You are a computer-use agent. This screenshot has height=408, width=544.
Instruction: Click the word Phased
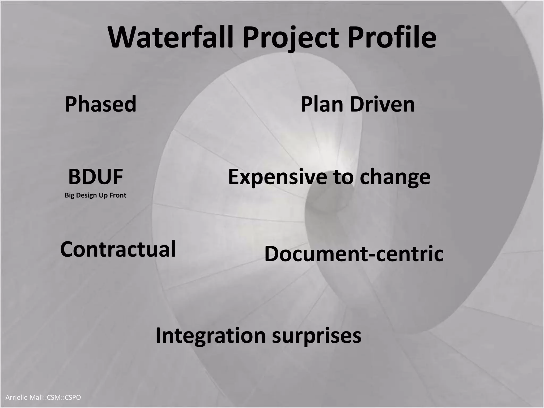pyautogui.click(x=100, y=104)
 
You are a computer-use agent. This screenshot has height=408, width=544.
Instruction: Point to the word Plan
pyautogui.click(x=322, y=104)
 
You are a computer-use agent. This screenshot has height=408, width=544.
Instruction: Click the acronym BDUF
pyautogui.click(x=96, y=177)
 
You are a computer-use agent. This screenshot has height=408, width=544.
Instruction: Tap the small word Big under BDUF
pyautogui.click(x=70, y=195)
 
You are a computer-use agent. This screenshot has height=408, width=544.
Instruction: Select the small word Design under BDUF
pyautogui.click(x=86, y=195)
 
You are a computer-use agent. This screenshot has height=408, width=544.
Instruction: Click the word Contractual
pyautogui.click(x=118, y=249)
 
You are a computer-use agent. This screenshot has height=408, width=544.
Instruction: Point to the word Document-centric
pyautogui.click(x=354, y=254)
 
